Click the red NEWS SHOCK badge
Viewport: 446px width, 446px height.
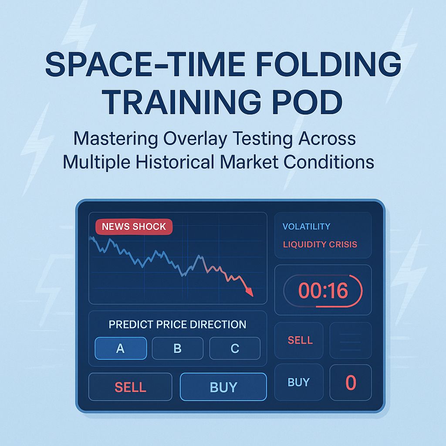tap(134, 226)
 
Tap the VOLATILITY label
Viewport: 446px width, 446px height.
tap(306, 226)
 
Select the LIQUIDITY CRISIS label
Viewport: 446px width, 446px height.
tap(320, 244)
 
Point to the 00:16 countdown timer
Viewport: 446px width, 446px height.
tap(323, 291)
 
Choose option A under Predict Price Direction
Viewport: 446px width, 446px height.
tap(121, 348)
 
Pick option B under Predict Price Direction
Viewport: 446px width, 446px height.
tap(177, 348)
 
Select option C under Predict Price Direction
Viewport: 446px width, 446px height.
tap(235, 348)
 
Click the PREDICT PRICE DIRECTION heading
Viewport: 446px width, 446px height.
tap(177, 324)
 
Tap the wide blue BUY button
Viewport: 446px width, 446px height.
tap(223, 387)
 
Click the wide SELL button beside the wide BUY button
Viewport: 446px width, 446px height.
tap(130, 387)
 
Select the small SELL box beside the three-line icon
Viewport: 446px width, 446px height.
tap(300, 340)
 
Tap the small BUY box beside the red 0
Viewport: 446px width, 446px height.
tap(299, 382)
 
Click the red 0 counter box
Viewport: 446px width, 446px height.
tap(351, 383)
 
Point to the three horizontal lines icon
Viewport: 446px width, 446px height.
tap(350, 341)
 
